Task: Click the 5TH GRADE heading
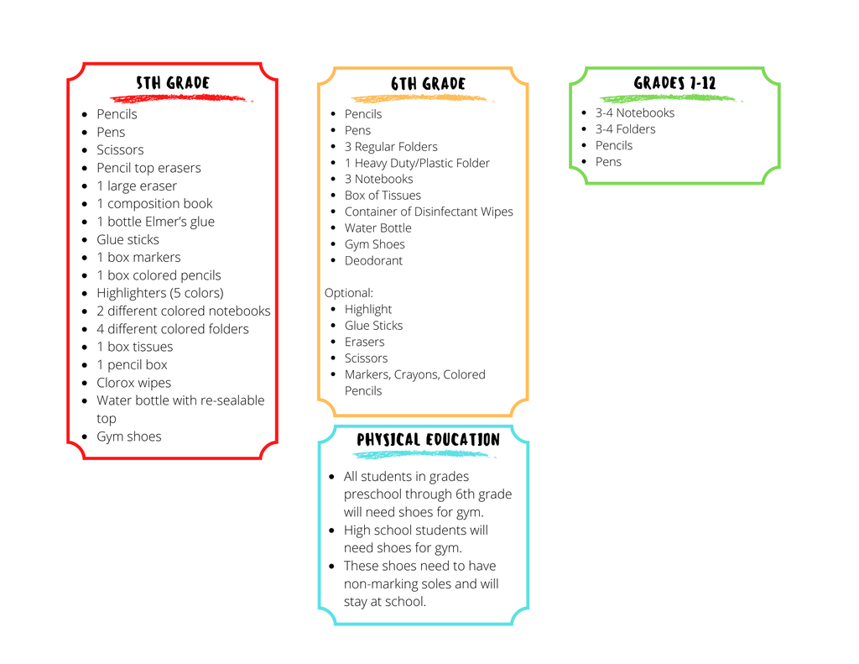(x=173, y=83)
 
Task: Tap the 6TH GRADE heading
(x=428, y=84)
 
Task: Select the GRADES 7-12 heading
(x=674, y=83)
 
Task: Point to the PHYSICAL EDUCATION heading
(x=428, y=440)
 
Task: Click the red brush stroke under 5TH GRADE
(x=181, y=99)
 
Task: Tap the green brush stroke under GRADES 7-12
(x=671, y=99)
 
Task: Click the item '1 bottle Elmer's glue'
(x=155, y=222)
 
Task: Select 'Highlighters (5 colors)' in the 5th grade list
(x=160, y=293)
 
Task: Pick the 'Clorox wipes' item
(x=133, y=383)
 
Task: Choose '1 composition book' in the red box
(x=154, y=203)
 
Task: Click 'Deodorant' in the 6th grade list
(x=373, y=260)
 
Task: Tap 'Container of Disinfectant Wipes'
(x=429, y=212)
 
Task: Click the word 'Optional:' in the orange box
(x=348, y=293)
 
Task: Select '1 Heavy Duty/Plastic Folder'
(x=417, y=163)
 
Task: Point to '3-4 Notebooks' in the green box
(x=635, y=113)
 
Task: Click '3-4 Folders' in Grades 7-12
(x=625, y=129)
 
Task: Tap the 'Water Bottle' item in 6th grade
(x=377, y=228)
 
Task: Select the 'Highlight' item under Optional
(x=367, y=309)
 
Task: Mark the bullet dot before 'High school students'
(x=331, y=531)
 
